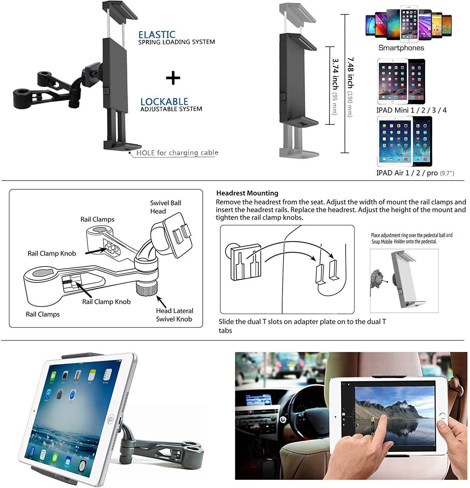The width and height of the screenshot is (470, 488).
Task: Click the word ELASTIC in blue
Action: pos(157,34)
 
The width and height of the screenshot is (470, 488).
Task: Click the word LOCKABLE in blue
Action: pos(164,102)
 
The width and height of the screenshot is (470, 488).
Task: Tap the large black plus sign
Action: pos(173,78)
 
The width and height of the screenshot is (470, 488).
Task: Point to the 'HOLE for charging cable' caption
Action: pos(177,153)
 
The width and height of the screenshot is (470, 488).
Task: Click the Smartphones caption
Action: pos(401,48)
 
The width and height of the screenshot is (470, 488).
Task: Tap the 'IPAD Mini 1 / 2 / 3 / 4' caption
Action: pos(411,110)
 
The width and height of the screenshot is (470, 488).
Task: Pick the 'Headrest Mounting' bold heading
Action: pos(247,193)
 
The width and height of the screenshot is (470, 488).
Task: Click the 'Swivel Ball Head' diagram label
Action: pos(165,207)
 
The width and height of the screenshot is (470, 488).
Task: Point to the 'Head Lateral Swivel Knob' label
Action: pos(174,315)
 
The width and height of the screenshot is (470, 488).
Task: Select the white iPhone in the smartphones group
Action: pos(409,24)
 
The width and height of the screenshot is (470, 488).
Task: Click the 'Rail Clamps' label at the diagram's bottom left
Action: pos(43,314)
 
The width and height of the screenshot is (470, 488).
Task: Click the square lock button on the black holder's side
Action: pos(106,91)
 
